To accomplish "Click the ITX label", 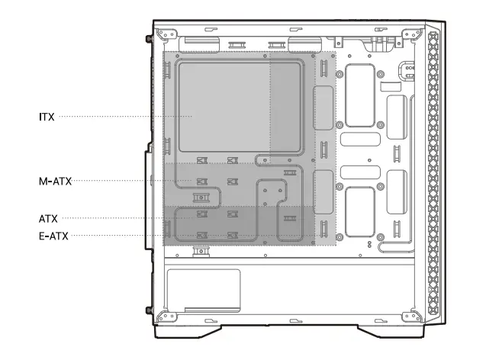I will click(x=46, y=117).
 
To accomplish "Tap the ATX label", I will click(x=49, y=218).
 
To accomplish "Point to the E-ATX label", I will click(x=53, y=236).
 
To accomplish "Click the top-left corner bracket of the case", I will click(x=164, y=34).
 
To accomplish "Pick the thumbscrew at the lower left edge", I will click(x=147, y=310).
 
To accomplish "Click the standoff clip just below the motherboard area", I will click(x=201, y=251).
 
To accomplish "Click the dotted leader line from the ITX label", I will click(x=114, y=117).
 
